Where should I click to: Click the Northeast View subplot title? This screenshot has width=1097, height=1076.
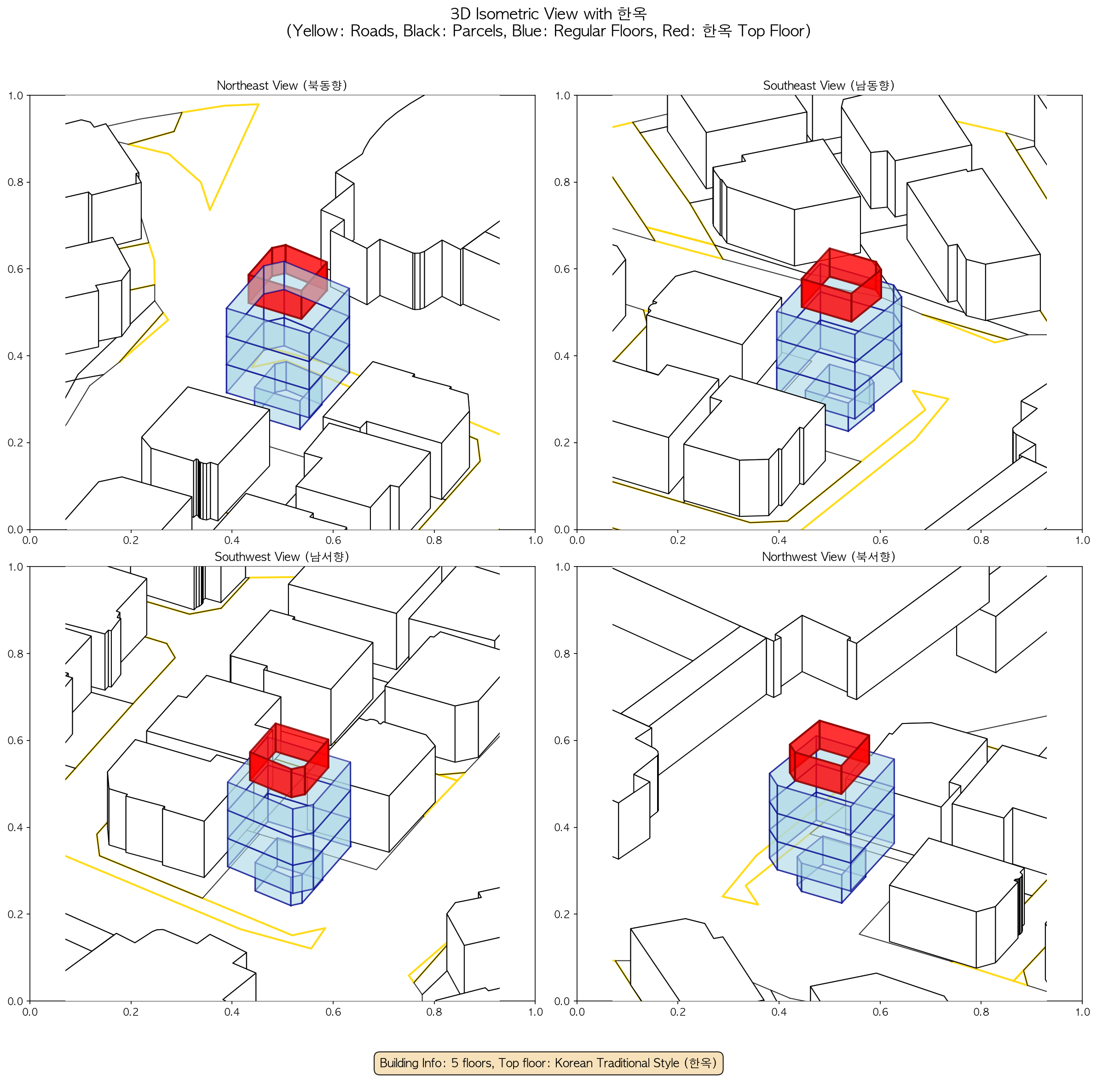(x=282, y=85)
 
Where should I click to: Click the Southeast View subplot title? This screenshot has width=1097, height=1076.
(x=829, y=85)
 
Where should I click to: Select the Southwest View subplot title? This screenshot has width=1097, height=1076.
(x=282, y=557)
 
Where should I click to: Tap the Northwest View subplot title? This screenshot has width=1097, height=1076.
(x=829, y=557)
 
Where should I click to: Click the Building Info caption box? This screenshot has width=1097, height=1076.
(x=548, y=1063)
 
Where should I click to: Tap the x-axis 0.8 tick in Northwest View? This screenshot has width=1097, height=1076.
(x=981, y=1012)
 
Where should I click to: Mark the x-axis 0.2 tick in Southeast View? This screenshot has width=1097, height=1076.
(x=678, y=540)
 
